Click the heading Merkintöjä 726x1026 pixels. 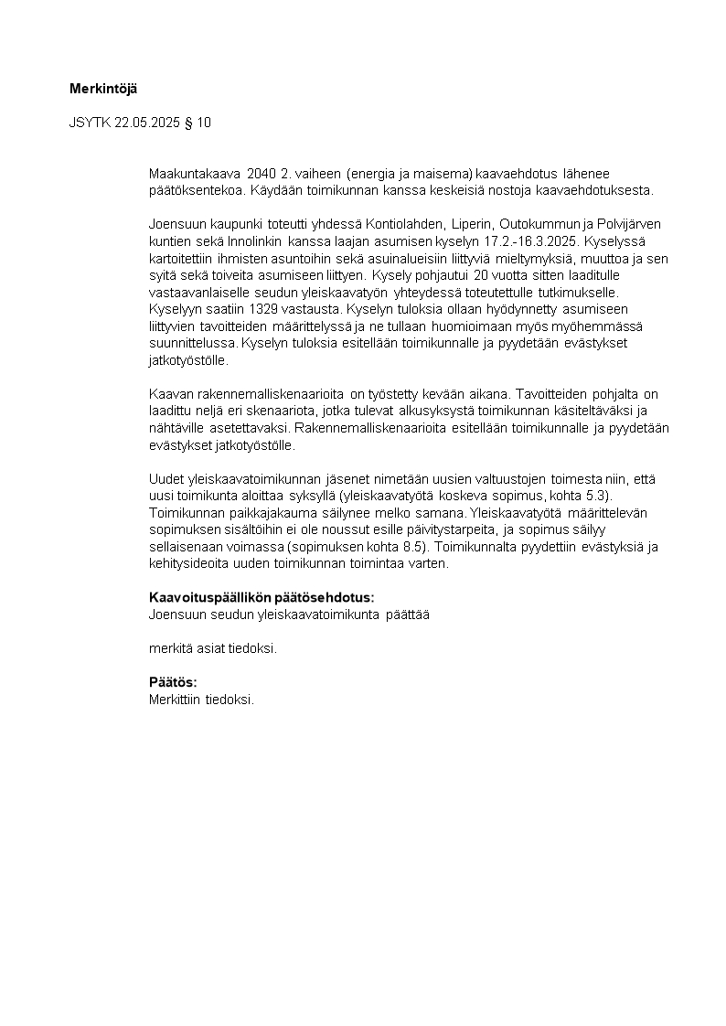pos(102,89)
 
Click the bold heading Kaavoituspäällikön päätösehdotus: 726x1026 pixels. pos(262,598)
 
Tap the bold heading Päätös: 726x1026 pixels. pos(173,682)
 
